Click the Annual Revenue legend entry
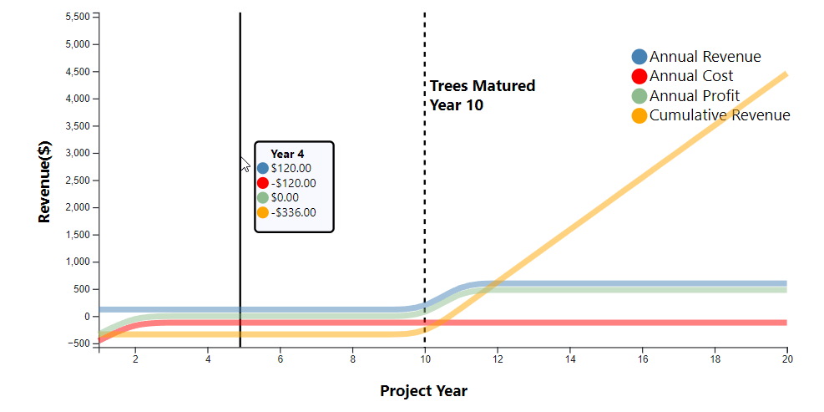[696, 57]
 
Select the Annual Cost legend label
[691, 76]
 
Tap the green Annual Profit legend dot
[639, 96]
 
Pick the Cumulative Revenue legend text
[720, 115]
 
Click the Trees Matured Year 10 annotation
[483, 95]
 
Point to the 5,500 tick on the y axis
[78, 17]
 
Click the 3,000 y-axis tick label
[78, 153]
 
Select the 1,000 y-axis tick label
[78, 262]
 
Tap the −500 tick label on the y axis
[78, 343]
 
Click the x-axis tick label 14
[569, 359]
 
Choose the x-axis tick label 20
[786, 359]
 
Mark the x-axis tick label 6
[281, 359]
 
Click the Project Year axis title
[423, 391]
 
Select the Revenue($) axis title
[45, 181]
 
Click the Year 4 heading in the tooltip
[287, 154]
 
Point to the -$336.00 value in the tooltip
[294, 212]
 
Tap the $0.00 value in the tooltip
[285, 198]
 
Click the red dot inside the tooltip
[263, 183]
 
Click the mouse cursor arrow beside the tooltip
[245, 164]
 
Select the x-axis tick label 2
[135, 359]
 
